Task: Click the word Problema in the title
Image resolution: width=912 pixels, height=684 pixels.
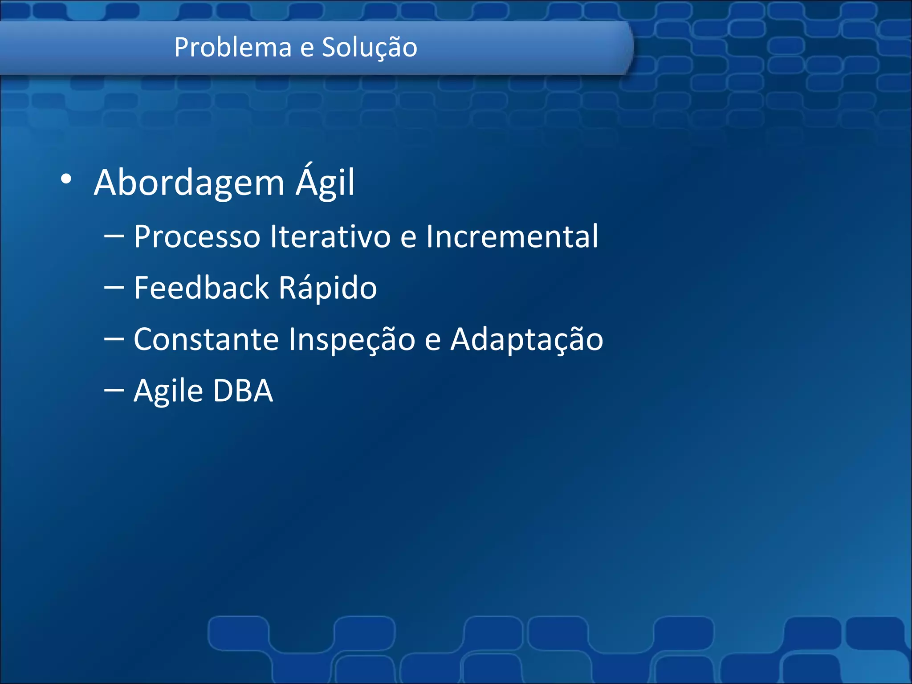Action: coord(233,47)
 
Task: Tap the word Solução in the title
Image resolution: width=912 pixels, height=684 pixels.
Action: coord(370,47)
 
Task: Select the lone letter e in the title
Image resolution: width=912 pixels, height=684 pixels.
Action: coord(306,48)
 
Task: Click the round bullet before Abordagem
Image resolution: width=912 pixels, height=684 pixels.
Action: coord(66,179)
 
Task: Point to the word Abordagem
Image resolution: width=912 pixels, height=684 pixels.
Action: coord(189,183)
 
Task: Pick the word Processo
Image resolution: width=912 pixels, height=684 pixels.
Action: coord(197,236)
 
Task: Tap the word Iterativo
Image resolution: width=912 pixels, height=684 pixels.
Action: coord(330,236)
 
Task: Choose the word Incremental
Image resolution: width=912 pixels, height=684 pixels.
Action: coord(512,236)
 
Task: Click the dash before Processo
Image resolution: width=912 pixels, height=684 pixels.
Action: coord(114,236)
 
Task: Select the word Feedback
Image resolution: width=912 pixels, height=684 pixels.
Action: coord(201,288)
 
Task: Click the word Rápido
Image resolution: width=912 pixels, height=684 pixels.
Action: coord(328,288)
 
